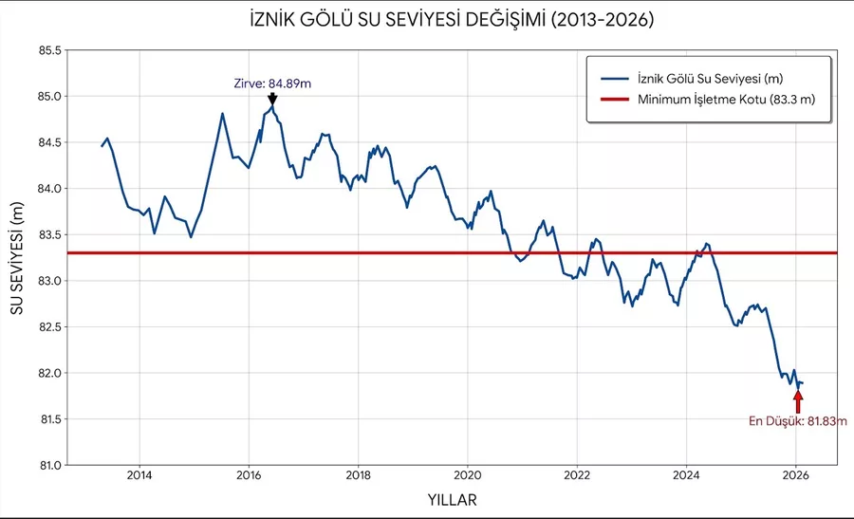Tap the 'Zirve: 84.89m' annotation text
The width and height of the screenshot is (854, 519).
272,83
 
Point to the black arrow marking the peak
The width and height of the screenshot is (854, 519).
272,99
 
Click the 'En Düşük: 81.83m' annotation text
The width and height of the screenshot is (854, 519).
797,420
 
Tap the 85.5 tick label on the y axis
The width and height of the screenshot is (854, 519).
46,50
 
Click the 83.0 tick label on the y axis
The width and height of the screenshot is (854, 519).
46,281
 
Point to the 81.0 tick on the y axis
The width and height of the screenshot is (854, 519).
46,465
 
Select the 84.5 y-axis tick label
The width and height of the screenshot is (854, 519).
46,142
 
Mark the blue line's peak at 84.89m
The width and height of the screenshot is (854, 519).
272,108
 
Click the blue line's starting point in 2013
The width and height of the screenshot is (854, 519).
102,146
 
